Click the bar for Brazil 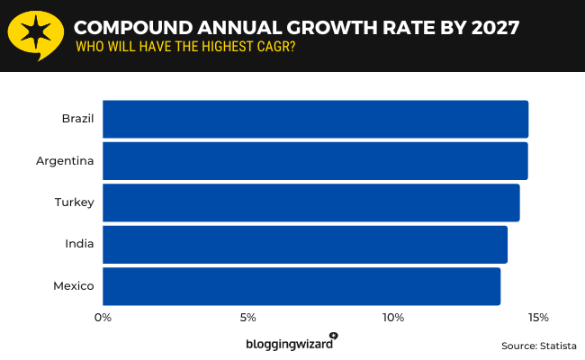pyautogui.click(x=315, y=119)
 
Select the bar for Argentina pyautogui.click(x=315, y=161)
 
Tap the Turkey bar pyautogui.click(x=310, y=202)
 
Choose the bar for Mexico pyautogui.click(x=301, y=286)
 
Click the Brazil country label pyautogui.click(x=77, y=119)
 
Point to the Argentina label pyautogui.click(x=65, y=161)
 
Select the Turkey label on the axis pyautogui.click(x=75, y=202)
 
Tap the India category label pyautogui.click(x=80, y=244)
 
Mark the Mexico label pyautogui.click(x=74, y=286)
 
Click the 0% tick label pyautogui.click(x=103, y=318)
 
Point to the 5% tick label pyautogui.click(x=248, y=318)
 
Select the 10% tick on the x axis pyautogui.click(x=392, y=318)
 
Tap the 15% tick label pyautogui.click(x=537, y=318)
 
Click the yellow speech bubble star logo pyautogui.click(x=35, y=35)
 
